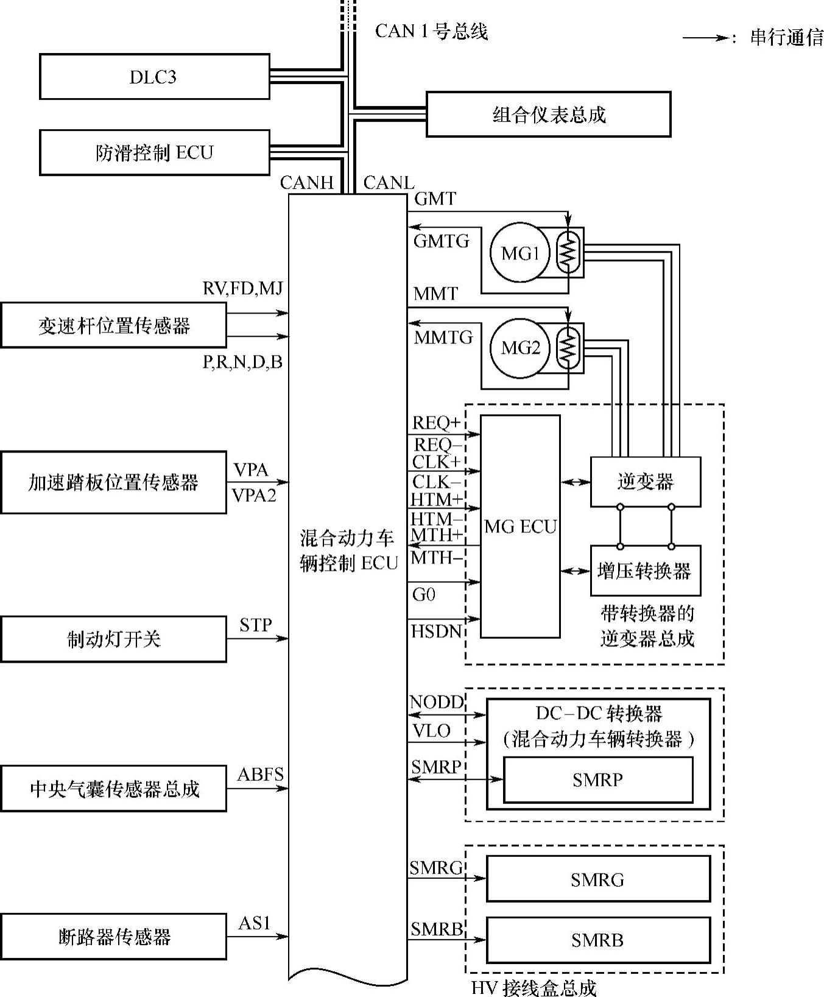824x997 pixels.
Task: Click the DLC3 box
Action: coord(154,77)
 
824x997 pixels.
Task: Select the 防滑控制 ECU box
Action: coord(154,152)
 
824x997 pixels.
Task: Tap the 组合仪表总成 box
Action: coord(548,114)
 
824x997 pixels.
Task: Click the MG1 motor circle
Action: coord(519,252)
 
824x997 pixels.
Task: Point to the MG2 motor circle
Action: coord(519,348)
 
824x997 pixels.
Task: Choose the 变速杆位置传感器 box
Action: coord(113,325)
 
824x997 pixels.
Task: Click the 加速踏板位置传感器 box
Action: coord(113,482)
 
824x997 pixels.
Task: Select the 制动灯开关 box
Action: coord(113,639)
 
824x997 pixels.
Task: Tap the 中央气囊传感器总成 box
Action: coord(113,789)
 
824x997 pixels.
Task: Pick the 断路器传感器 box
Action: coord(113,937)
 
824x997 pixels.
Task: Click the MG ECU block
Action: coord(520,527)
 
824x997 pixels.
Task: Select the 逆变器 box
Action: coord(646,482)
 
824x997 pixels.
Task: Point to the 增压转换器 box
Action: coord(646,571)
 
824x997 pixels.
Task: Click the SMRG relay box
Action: coord(598,879)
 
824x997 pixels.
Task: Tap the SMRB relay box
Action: coord(598,940)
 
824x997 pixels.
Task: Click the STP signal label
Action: coord(256,625)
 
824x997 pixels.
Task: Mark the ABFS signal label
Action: coord(261,775)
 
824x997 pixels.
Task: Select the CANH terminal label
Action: coord(307,183)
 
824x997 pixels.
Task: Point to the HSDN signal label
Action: coord(437,631)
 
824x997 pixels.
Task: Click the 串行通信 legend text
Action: coord(786,38)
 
